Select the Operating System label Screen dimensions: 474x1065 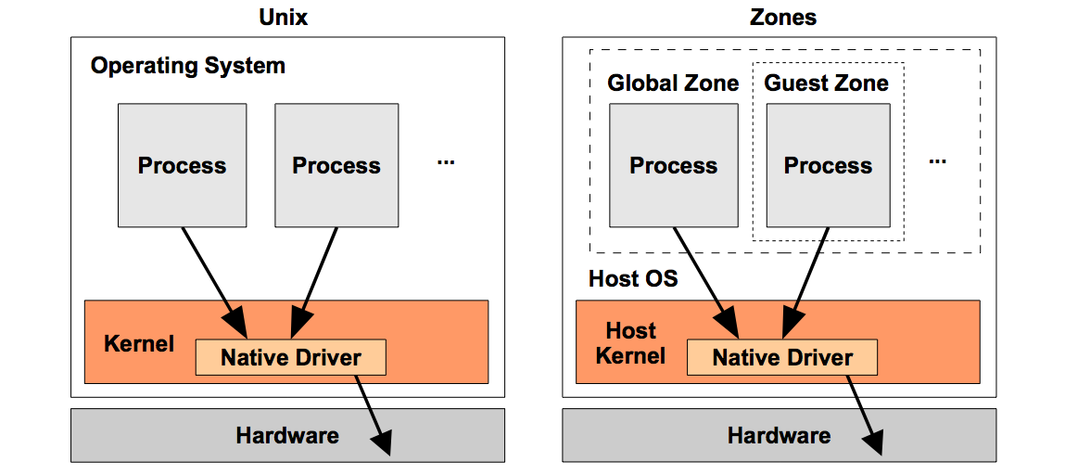[x=188, y=66]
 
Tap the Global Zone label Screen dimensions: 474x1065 [x=673, y=83]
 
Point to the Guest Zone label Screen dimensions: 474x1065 [x=826, y=83]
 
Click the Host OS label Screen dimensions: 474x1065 [x=633, y=278]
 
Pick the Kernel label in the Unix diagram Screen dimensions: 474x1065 [x=139, y=343]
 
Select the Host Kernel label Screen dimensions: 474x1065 [x=630, y=343]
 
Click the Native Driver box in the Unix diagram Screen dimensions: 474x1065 [x=290, y=357]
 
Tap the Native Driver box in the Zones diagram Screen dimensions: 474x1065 [x=781, y=357]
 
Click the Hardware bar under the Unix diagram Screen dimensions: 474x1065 [x=287, y=435]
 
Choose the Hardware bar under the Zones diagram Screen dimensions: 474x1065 [x=779, y=435]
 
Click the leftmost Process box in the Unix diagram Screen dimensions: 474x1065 [x=182, y=165]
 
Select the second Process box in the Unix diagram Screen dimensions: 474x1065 [x=336, y=165]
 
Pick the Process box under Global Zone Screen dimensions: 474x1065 [x=673, y=165]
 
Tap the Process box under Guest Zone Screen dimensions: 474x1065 [x=828, y=165]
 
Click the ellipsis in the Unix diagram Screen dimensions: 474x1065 [x=446, y=161]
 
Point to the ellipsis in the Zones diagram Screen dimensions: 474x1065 [x=937, y=161]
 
